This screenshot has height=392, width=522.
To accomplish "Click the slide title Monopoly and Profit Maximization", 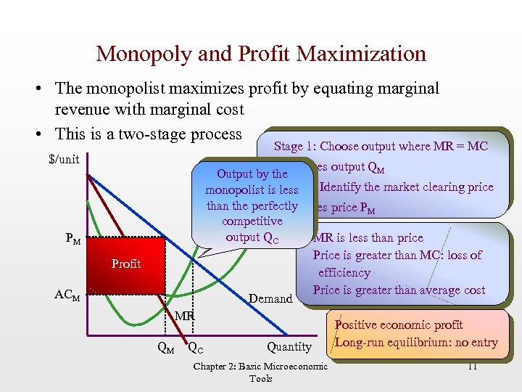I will tap(261, 54).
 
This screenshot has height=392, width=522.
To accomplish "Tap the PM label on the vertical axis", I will tap(72, 239).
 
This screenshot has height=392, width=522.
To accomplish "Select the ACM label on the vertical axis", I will tap(69, 295).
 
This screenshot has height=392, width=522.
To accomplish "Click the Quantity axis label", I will tap(289, 347).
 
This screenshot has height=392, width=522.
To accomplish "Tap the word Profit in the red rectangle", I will tap(126, 264).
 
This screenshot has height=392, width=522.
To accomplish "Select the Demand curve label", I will tap(270, 298).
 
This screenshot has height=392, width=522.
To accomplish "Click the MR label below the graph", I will tap(183, 316).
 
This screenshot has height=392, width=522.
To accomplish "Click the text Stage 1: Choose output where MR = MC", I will tap(381, 146).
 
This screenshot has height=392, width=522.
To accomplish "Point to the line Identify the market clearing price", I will tap(406, 187).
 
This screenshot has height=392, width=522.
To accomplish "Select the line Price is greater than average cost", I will tap(399, 290).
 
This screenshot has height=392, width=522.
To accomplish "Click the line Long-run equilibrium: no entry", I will tap(417, 343).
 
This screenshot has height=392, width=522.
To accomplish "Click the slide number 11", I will tap(471, 366).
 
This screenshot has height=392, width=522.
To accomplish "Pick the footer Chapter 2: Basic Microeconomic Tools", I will tap(260, 372).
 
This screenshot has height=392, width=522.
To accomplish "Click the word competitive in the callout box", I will tap(252, 221).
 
